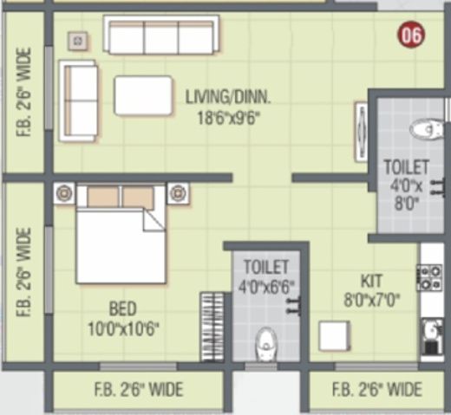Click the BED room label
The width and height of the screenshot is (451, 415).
[123, 308]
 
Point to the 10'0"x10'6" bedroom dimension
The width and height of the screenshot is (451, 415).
[122, 327]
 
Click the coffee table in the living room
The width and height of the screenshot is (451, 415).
[143, 95]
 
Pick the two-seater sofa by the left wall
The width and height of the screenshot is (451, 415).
[79, 100]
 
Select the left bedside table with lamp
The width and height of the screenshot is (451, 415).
[64, 193]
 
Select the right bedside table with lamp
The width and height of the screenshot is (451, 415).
[179, 193]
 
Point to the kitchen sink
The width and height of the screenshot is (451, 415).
[429, 334]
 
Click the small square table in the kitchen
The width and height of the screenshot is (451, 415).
[334, 335]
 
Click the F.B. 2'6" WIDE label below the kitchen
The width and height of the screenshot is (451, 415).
[377, 389]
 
